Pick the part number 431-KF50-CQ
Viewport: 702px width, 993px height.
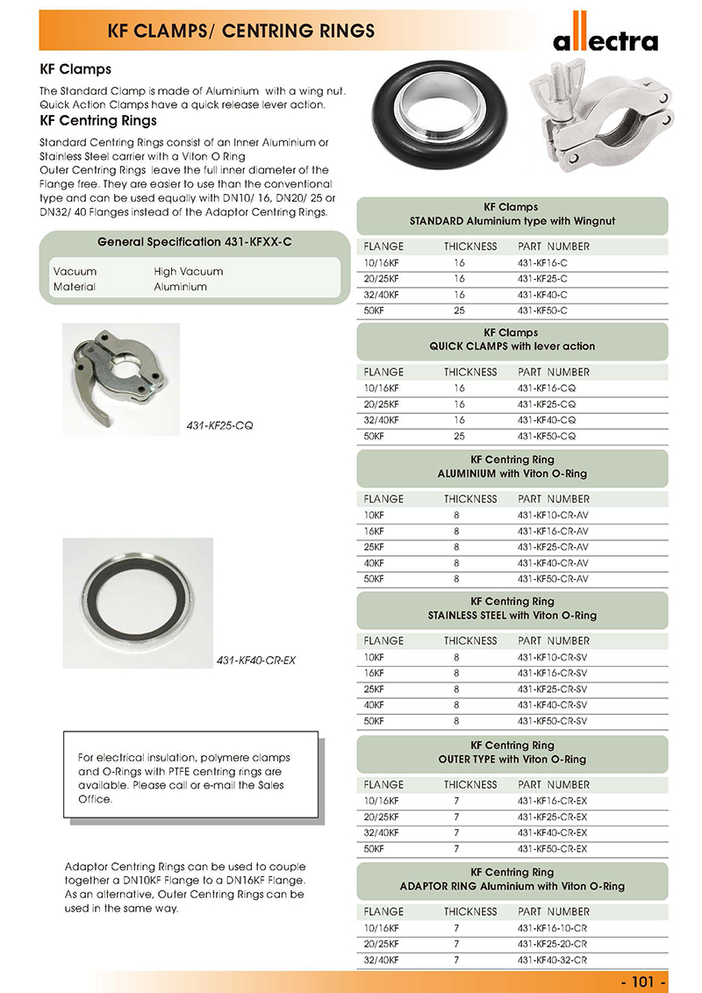(x=548, y=436)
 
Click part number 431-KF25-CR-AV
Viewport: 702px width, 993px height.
(x=553, y=547)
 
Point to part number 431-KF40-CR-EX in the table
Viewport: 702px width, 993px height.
(x=553, y=832)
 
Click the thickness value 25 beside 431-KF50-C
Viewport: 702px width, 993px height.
(x=459, y=310)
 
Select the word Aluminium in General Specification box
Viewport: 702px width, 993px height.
(x=180, y=287)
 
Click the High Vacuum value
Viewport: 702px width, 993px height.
(x=188, y=271)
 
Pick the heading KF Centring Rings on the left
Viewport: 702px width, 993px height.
(x=98, y=120)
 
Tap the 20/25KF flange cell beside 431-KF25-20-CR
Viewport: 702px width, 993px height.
(x=382, y=943)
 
